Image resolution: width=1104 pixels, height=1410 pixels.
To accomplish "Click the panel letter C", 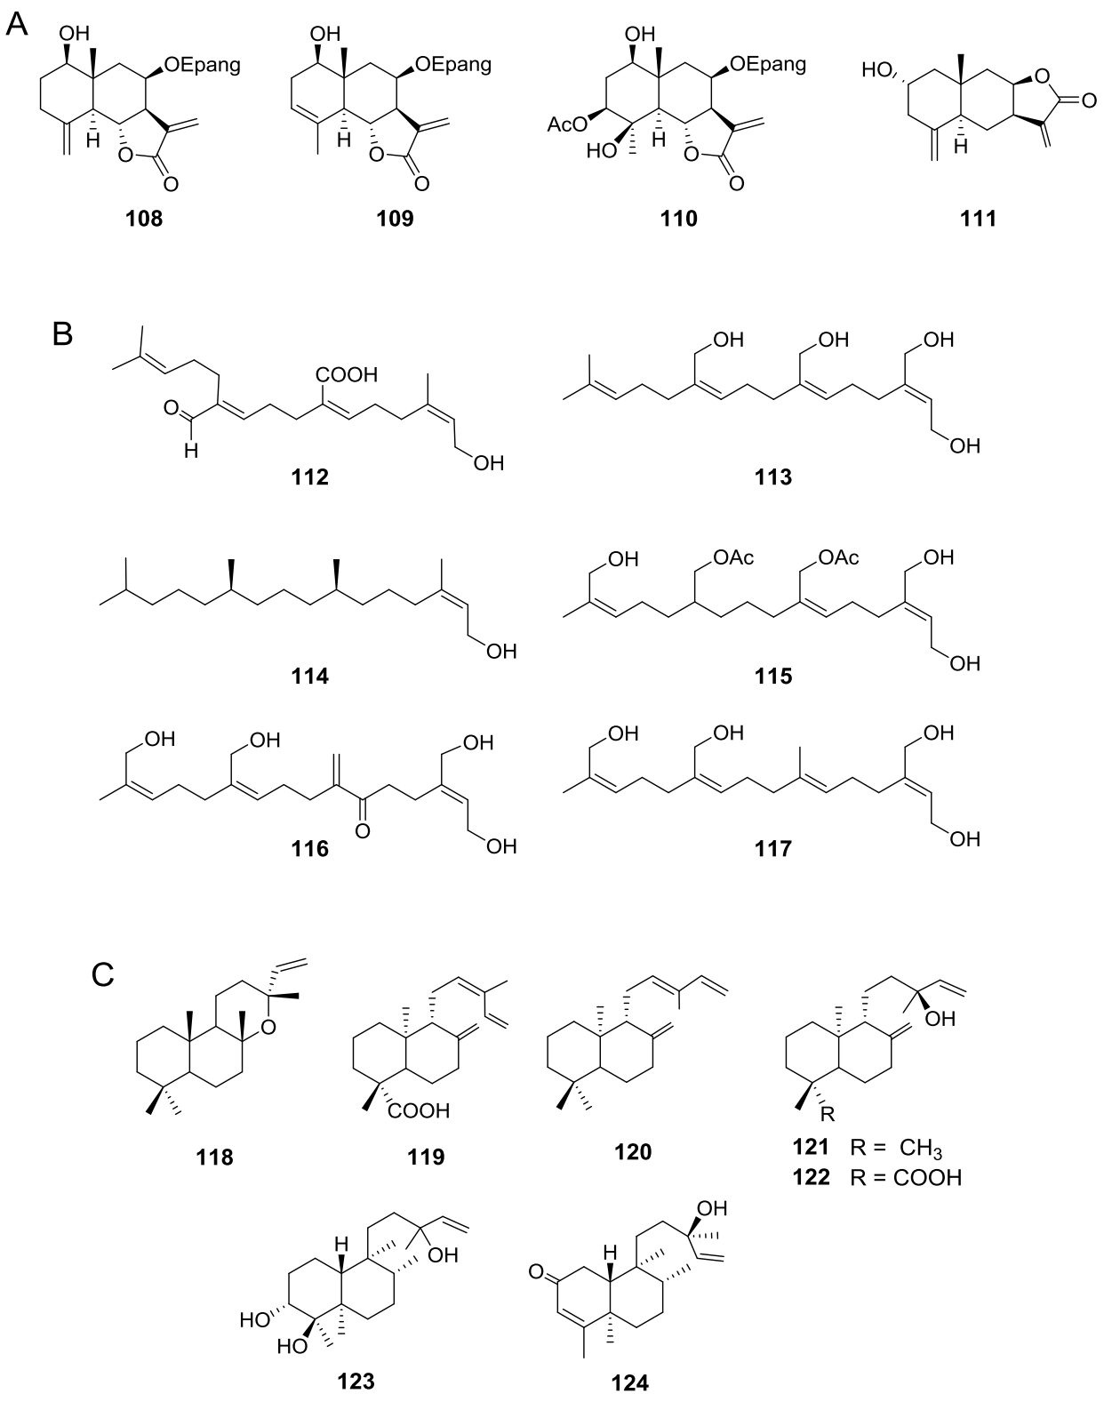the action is pyautogui.click(x=103, y=976).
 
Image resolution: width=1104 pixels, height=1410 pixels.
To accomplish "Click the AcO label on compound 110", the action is pyautogui.click(x=565, y=125).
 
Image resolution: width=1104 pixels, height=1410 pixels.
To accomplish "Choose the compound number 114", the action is pyautogui.click(x=309, y=677).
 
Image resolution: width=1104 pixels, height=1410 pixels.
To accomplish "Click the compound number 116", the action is pyautogui.click(x=309, y=850).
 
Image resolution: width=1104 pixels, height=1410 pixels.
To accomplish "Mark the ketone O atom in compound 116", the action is pyautogui.click(x=362, y=830).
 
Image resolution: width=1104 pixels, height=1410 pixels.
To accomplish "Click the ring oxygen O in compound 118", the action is pyautogui.click(x=272, y=1029).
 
